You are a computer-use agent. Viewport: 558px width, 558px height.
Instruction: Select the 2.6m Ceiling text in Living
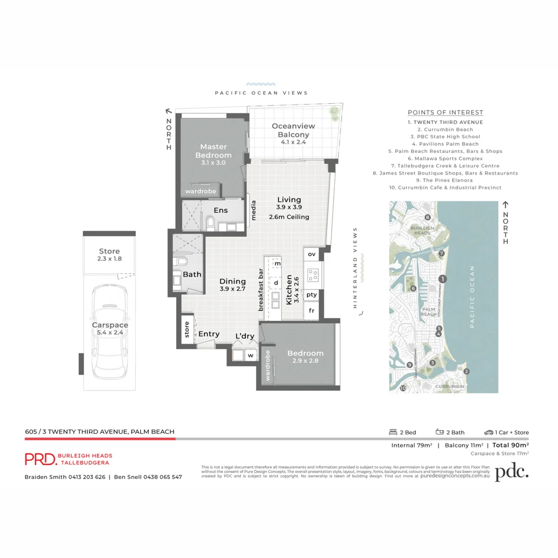tap(289, 217)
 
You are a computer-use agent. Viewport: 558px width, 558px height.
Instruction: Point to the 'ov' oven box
tap(312, 254)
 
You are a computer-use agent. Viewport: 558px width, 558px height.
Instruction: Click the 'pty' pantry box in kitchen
tap(312, 295)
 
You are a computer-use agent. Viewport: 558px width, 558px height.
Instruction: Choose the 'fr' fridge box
tap(312, 311)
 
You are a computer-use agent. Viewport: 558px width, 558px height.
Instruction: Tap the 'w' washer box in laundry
tap(251, 355)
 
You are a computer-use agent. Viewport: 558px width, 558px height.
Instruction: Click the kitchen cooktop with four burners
tap(312, 274)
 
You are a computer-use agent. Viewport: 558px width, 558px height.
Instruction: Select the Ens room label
tap(221, 210)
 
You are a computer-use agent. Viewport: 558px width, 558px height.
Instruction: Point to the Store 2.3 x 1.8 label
tap(110, 255)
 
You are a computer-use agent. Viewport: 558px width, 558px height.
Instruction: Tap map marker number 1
tap(442, 279)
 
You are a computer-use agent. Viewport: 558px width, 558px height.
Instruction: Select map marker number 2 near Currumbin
tap(466, 371)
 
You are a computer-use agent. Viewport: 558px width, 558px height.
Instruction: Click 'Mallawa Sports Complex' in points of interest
tap(445, 159)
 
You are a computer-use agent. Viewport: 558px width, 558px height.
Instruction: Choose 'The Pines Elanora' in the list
tap(445, 180)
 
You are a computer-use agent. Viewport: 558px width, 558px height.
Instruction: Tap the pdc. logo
tap(512, 472)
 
